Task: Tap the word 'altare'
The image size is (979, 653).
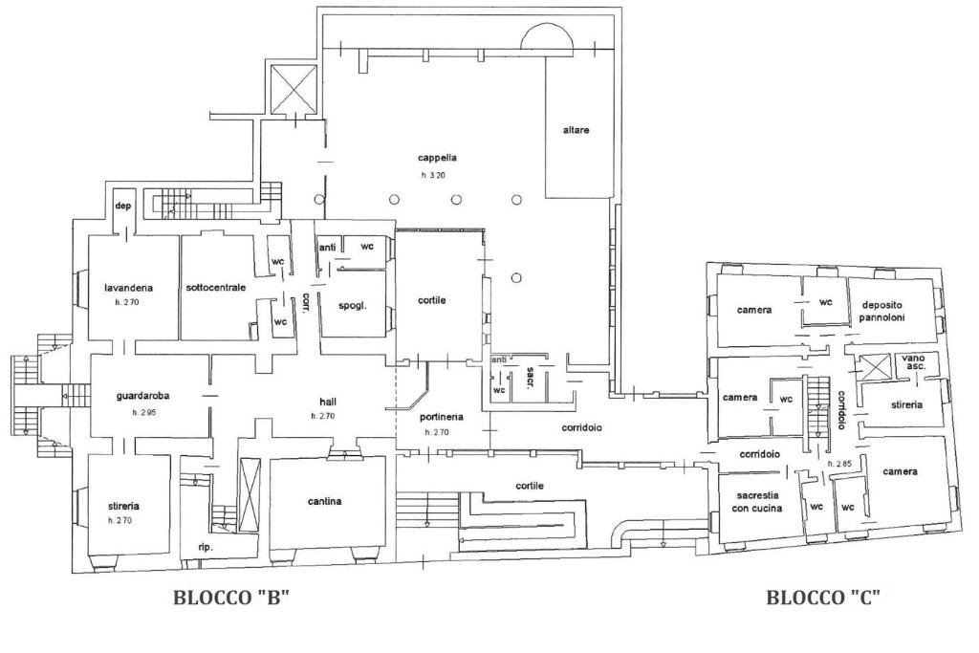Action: click(576, 130)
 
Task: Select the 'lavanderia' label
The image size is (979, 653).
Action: click(129, 288)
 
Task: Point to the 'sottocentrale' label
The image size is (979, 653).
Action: click(216, 288)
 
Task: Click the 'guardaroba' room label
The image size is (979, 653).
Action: click(143, 396)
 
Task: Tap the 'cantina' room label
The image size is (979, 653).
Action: click(325, 501)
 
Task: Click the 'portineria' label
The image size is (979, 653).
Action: click(442, 417)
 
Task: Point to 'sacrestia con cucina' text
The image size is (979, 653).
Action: click(757, 502)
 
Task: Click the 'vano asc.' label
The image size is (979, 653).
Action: click(913, 362)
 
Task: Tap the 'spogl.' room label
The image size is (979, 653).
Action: click(353, 306)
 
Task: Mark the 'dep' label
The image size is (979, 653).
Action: click(123, 206)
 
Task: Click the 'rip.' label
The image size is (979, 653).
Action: click(206, 548)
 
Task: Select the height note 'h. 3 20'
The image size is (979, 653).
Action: click(433, 175)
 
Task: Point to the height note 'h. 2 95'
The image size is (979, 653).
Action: click(143, 413)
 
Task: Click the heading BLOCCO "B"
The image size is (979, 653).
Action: click(231, 598)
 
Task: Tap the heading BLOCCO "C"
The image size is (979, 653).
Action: click(823, 598)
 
